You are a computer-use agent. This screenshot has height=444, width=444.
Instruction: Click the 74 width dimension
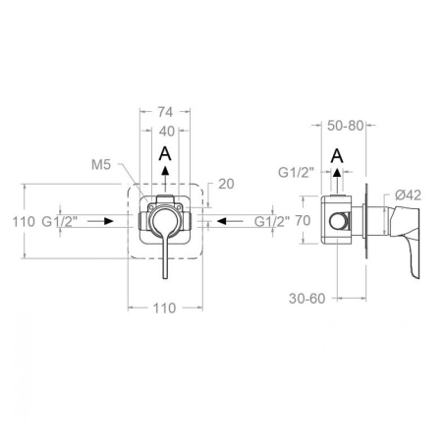tap(165, 112)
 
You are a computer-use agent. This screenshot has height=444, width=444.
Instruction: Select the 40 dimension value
tap(167, 132)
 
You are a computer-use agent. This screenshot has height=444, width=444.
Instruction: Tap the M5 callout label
tap(101, 165)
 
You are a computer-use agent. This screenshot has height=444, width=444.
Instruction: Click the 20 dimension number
tap(226, 184)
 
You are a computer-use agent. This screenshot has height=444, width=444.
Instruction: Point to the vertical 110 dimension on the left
tap(24, 222)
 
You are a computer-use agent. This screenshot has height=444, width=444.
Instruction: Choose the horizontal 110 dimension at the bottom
tap(165, 308)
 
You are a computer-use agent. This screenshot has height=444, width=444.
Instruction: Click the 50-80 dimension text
tap(346, 126)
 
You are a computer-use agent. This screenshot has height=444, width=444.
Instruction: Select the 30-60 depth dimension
tap(307, 299)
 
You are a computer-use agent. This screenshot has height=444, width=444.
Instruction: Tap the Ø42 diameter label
tap(408, 195)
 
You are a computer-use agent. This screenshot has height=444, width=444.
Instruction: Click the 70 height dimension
tap(303, 221)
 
